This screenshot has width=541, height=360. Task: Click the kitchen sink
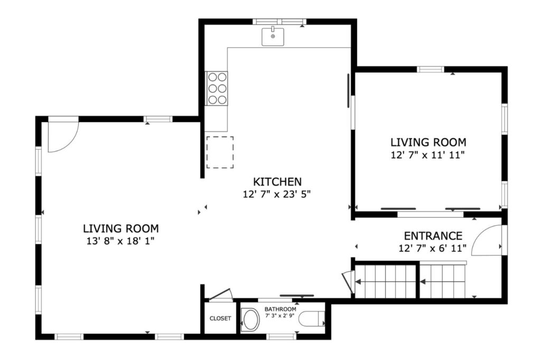pos(273,36)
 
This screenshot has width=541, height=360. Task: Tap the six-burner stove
pos(217,88)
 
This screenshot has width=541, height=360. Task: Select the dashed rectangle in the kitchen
pos(220,152)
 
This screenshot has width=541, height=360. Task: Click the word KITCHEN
pos(277,181)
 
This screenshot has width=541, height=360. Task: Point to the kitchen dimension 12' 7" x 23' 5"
pos(277,195)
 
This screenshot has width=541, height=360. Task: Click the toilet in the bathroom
pos(312,319)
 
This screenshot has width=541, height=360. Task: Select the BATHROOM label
pos(280,309)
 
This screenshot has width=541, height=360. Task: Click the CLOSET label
pos(220,318)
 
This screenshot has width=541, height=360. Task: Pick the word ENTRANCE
pos(433,236)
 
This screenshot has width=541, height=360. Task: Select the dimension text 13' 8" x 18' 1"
pos(120,241)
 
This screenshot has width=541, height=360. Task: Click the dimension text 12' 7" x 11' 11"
pos(428,155)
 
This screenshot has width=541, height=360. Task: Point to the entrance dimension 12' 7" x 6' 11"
pos(433,248)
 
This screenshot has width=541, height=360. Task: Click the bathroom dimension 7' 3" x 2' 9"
pos(280,316)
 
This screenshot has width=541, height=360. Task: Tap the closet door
pos(221,294)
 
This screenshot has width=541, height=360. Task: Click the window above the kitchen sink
pos(280,22)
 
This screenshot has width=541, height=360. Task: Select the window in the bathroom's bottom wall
pos(281,337)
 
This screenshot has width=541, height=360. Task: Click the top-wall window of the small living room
pos(430,69)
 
